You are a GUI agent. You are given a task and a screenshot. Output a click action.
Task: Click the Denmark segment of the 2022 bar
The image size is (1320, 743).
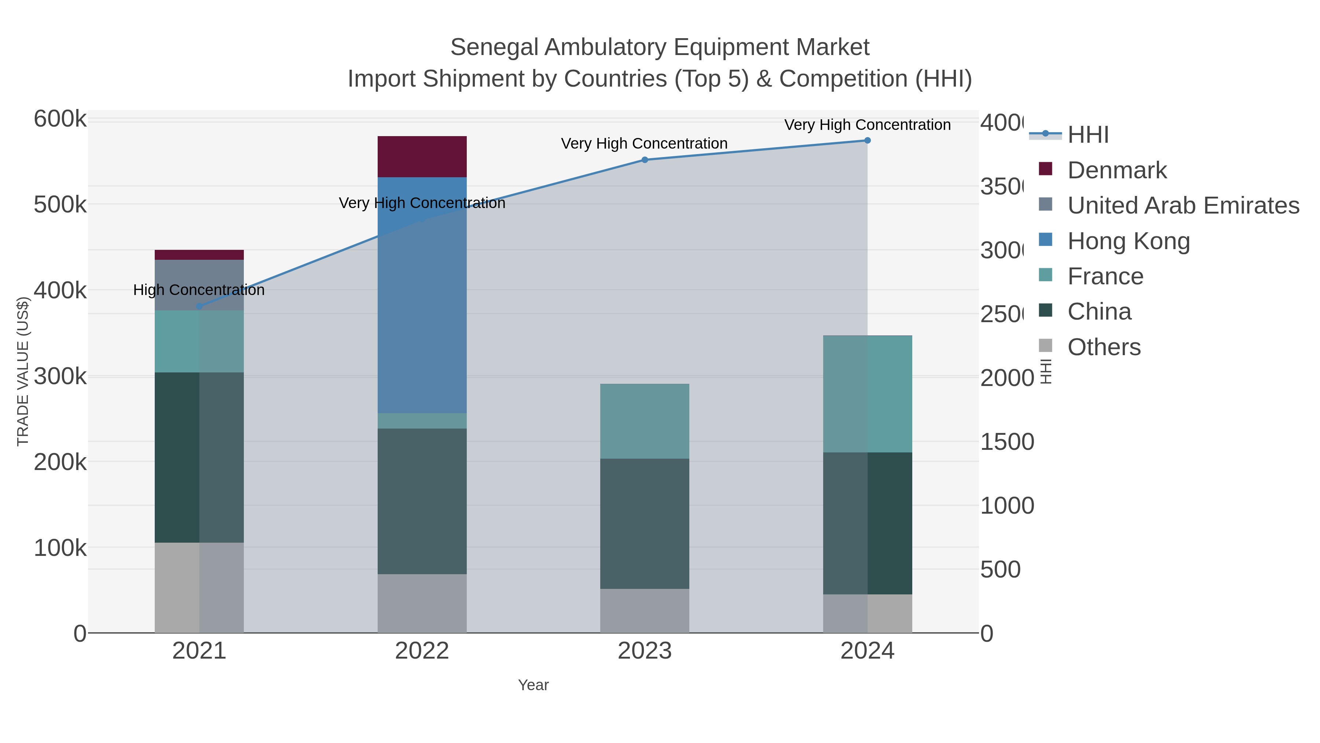422,156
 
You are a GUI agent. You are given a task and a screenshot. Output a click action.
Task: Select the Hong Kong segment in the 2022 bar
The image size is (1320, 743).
422,295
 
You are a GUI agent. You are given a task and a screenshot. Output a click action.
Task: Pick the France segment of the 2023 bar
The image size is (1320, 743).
644,421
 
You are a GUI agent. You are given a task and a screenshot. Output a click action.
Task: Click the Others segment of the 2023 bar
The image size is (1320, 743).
644,610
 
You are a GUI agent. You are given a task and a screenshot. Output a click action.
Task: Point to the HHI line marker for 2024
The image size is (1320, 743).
867,141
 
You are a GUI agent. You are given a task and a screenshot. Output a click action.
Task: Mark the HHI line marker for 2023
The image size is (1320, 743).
645,160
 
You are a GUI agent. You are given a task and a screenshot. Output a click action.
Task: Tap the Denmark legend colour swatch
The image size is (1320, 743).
1045,169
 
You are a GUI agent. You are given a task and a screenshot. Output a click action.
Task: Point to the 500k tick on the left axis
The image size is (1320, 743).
60,205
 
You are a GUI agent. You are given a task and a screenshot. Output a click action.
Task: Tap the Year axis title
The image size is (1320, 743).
533,685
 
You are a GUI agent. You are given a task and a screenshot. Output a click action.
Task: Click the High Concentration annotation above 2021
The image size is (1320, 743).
199,290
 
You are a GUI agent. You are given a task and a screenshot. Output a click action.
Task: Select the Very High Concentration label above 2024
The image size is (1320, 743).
867,125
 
